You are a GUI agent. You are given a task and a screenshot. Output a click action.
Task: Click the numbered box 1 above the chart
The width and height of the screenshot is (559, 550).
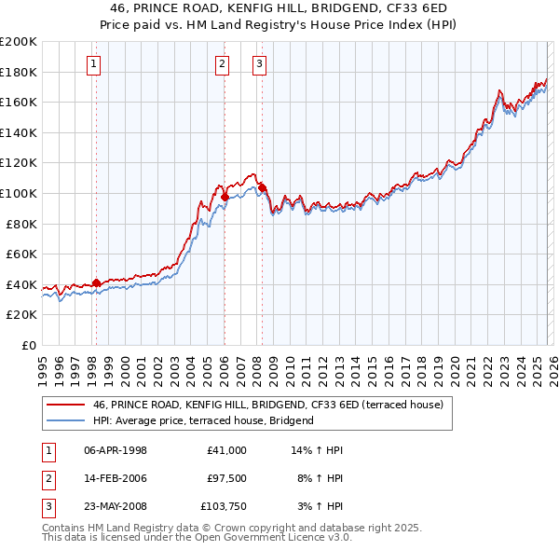coord(95,64)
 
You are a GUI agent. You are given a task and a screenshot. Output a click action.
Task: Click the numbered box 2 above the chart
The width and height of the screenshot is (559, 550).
coord(223,64)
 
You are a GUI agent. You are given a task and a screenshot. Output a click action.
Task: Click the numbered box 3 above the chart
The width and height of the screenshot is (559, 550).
coord(259,64)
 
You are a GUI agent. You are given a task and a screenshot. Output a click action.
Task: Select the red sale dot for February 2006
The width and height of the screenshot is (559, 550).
coord(225,197)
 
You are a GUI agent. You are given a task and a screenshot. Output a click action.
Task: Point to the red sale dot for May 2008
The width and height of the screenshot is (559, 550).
coord(262,187)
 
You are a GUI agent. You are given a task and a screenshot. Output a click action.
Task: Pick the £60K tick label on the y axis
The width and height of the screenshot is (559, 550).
coord(21,254)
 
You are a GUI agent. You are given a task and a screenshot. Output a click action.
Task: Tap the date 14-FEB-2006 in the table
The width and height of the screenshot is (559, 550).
coord(115,478)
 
